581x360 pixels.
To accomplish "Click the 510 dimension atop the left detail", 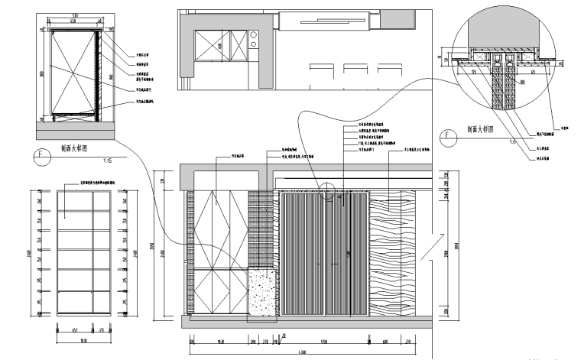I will pyautogui.click(x=73, y=15).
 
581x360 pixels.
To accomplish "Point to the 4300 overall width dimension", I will pyautogui.click(x=303, y=351).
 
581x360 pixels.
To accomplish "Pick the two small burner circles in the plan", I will pyautogui.click(x=252, y=40).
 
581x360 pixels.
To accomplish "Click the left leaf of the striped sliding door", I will pyautogui.click(x=303, y=252).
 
